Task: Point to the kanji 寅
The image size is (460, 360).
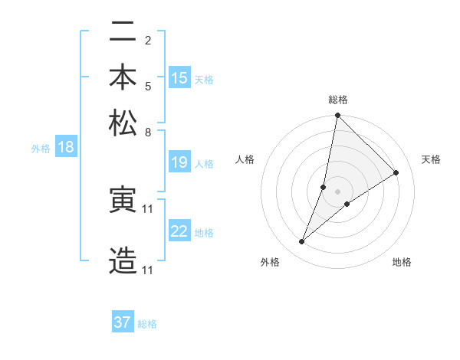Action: (123, 200)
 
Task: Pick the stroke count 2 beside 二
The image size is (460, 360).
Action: (147, 40)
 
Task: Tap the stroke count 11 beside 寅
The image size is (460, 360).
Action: (148, 208)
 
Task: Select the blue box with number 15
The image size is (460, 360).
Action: (179, 78)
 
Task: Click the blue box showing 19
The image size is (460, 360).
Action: (179, 162)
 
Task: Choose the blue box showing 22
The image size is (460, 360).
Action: (179, 231)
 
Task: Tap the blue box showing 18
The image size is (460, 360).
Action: (65, 148)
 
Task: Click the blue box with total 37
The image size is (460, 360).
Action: (122, 322)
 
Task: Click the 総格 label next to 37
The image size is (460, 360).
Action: (147, 324)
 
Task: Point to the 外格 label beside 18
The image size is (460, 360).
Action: (40, 149)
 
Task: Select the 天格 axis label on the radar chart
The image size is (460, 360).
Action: (431, 159)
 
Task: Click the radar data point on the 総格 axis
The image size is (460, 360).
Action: (337, 116)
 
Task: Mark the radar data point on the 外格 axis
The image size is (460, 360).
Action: (302, 242)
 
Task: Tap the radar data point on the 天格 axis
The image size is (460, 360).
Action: (396, 172)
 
